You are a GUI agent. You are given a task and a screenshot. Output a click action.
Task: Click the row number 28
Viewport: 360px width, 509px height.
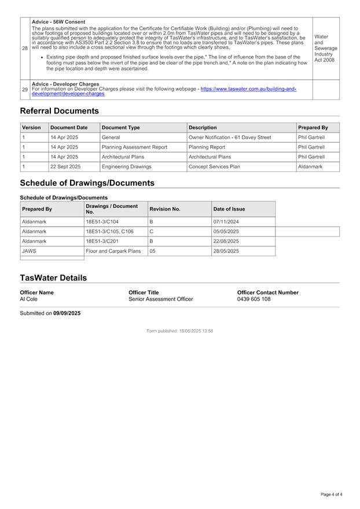(25, 48)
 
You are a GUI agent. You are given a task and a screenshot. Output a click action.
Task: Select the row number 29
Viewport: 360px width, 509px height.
(25, 89)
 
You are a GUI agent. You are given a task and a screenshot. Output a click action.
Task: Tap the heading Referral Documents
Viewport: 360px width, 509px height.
(59, 111)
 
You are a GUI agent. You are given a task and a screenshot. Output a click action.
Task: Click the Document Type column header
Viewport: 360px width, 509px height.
(120, 127)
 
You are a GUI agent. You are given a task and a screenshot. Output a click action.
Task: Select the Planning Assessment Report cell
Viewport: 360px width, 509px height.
(134, 147)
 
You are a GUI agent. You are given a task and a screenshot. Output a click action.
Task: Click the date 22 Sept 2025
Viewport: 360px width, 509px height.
(65, 167)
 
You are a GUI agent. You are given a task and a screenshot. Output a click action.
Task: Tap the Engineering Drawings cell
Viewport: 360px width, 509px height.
(126, 167)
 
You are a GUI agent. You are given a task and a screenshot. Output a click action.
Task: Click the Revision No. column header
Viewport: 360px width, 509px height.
(165, 209)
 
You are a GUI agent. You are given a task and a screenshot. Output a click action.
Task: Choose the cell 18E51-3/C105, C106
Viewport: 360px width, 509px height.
(109, 231)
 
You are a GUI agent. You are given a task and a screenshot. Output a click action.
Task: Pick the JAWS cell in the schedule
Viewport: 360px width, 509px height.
(28, 251)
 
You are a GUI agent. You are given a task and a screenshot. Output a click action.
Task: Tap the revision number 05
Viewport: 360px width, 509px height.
(153, 251)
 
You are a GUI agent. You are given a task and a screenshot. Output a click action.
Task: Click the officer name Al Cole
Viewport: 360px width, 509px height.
(28, 299)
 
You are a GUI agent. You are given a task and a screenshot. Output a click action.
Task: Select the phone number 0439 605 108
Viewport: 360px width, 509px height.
(254, 299)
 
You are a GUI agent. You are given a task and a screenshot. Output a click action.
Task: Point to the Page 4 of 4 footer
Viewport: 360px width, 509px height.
(331, 495)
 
